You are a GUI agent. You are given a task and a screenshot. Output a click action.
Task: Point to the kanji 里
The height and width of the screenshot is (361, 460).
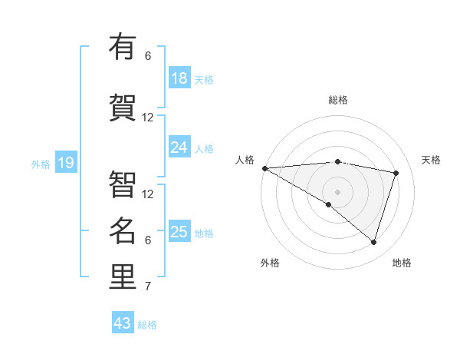coord(123,277)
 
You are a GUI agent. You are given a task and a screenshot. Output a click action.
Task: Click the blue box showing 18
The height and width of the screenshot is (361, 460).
coord(179,78)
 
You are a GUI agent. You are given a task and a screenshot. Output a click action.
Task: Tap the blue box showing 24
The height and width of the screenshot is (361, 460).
coord(179,147)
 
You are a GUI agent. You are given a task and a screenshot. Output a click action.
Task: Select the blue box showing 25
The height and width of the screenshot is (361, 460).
coord(179,232)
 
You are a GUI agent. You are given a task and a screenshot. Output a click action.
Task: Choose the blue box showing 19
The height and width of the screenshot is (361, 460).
coord(65,163)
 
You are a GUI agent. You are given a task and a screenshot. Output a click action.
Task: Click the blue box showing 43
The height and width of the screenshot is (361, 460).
coord(123,323)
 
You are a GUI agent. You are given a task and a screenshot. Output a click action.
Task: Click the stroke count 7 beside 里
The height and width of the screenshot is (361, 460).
coord(148,287)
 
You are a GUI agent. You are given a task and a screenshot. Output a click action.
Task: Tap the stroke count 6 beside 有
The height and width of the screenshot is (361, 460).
coord(148,55)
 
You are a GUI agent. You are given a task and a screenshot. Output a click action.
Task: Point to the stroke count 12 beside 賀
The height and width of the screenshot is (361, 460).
coord(148,118)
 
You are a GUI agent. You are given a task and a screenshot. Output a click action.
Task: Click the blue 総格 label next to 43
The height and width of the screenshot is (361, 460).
coord(147,325)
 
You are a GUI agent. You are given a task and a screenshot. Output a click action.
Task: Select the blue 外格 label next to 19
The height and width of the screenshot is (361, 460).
coord(41,164)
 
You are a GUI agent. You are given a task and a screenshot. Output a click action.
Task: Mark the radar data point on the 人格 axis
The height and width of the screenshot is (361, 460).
coord(264,168)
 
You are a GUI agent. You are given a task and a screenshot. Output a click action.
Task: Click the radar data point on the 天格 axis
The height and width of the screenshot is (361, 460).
coord(396,173)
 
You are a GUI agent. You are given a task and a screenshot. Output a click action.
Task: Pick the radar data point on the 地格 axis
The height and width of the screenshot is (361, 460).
coord(373,243)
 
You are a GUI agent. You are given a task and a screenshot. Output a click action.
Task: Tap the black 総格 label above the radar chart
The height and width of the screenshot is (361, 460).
coord(337,100)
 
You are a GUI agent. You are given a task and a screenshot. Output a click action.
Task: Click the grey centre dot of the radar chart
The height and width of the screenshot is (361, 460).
coord(337,190)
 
